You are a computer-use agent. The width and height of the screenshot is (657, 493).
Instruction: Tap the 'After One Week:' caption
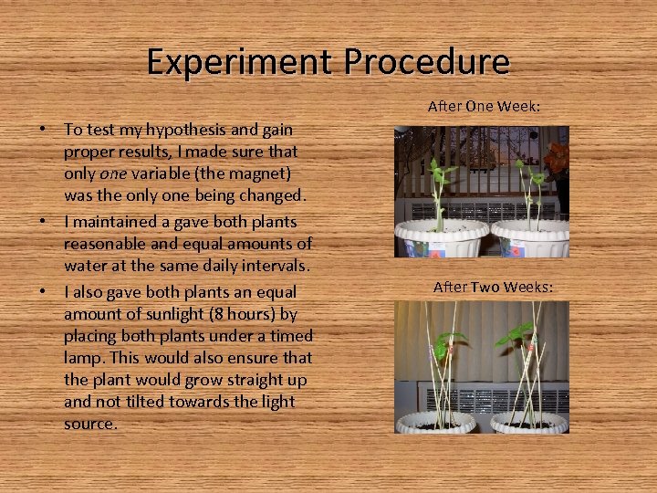[x=484, y=107]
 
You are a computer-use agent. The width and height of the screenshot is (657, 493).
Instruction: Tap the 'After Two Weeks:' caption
[x=493, y=287]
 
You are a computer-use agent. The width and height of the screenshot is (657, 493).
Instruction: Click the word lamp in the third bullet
[x=82, y=358]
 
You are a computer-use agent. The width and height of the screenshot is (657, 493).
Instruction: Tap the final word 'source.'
[x=90, y=424]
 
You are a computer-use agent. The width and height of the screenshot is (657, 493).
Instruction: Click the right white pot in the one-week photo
[x=532, y=239]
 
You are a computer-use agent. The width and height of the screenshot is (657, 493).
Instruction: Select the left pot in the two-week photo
[x=436, y=422]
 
